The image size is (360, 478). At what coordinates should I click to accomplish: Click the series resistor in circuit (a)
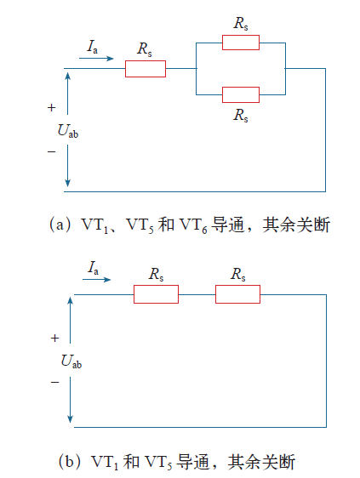(x=146, y=69)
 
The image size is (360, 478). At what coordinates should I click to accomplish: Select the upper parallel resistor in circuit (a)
(x=241, y=43)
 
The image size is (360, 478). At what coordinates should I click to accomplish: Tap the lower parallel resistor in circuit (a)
(x=241, y=94)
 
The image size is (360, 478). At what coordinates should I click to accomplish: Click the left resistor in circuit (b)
(x=156, y=294)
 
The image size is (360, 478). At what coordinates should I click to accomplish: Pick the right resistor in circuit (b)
(x=237, y=294)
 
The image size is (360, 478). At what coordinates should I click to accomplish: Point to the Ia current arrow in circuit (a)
(x=96, y=58)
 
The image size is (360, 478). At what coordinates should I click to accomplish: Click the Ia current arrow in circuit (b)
(x=97, y=279)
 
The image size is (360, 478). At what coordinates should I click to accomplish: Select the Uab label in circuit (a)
(x=68, y=131)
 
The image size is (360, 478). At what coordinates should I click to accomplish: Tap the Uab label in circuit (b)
(x=71, y=361)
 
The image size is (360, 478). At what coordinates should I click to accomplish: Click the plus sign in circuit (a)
(x=52, y=108)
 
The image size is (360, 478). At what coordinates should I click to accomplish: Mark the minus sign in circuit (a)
(x=52, y=151)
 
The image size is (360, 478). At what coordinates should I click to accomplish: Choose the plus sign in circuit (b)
(x=55, y=338)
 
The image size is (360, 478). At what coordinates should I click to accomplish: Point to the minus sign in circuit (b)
(x=55, y=382)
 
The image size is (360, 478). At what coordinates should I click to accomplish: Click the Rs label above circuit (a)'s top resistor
(x=241, y=24)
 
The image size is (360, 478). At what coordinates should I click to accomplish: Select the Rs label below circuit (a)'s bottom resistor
(x=241, y=115)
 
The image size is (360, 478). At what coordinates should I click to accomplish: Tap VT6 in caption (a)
(x=193, y=225)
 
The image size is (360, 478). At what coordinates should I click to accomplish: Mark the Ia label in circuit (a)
(x=93, y=47)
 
